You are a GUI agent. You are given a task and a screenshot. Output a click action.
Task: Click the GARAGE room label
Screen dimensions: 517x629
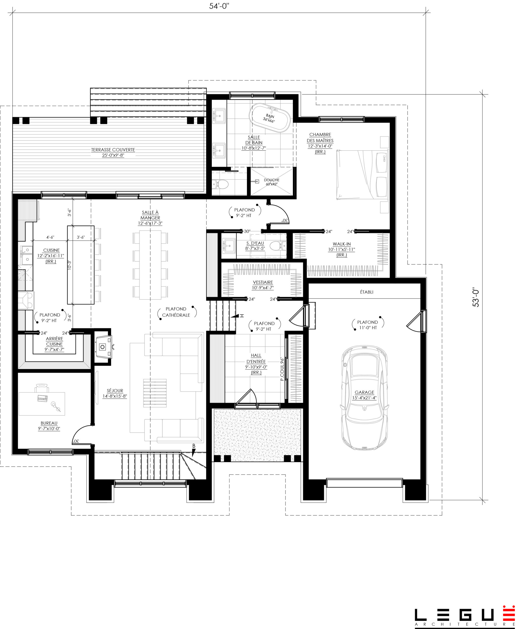point(364,393)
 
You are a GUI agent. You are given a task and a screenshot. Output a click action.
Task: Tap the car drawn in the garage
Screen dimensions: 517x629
point(364,398)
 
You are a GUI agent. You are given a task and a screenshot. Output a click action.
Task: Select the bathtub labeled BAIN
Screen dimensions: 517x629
point(270,117)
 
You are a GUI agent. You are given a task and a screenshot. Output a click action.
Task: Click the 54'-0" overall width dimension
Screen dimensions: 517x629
point(219,6)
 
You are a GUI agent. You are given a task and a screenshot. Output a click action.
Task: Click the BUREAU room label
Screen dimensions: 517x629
point(49,423)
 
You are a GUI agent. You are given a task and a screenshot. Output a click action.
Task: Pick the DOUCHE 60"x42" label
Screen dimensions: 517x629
point(271,182)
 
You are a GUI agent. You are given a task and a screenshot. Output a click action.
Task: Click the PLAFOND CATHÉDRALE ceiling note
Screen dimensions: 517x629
point(176,312)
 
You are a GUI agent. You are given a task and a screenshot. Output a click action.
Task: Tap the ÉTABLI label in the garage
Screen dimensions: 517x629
point(367,292)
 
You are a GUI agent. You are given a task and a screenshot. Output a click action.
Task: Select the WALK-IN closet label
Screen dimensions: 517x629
point(342,244)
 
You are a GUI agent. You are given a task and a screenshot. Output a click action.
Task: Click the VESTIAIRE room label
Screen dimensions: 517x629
point(263,282)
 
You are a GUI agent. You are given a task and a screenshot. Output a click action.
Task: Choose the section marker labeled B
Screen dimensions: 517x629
point(194,450)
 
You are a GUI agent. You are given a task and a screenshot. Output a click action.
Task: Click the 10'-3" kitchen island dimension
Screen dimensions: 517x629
point(69,265)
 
